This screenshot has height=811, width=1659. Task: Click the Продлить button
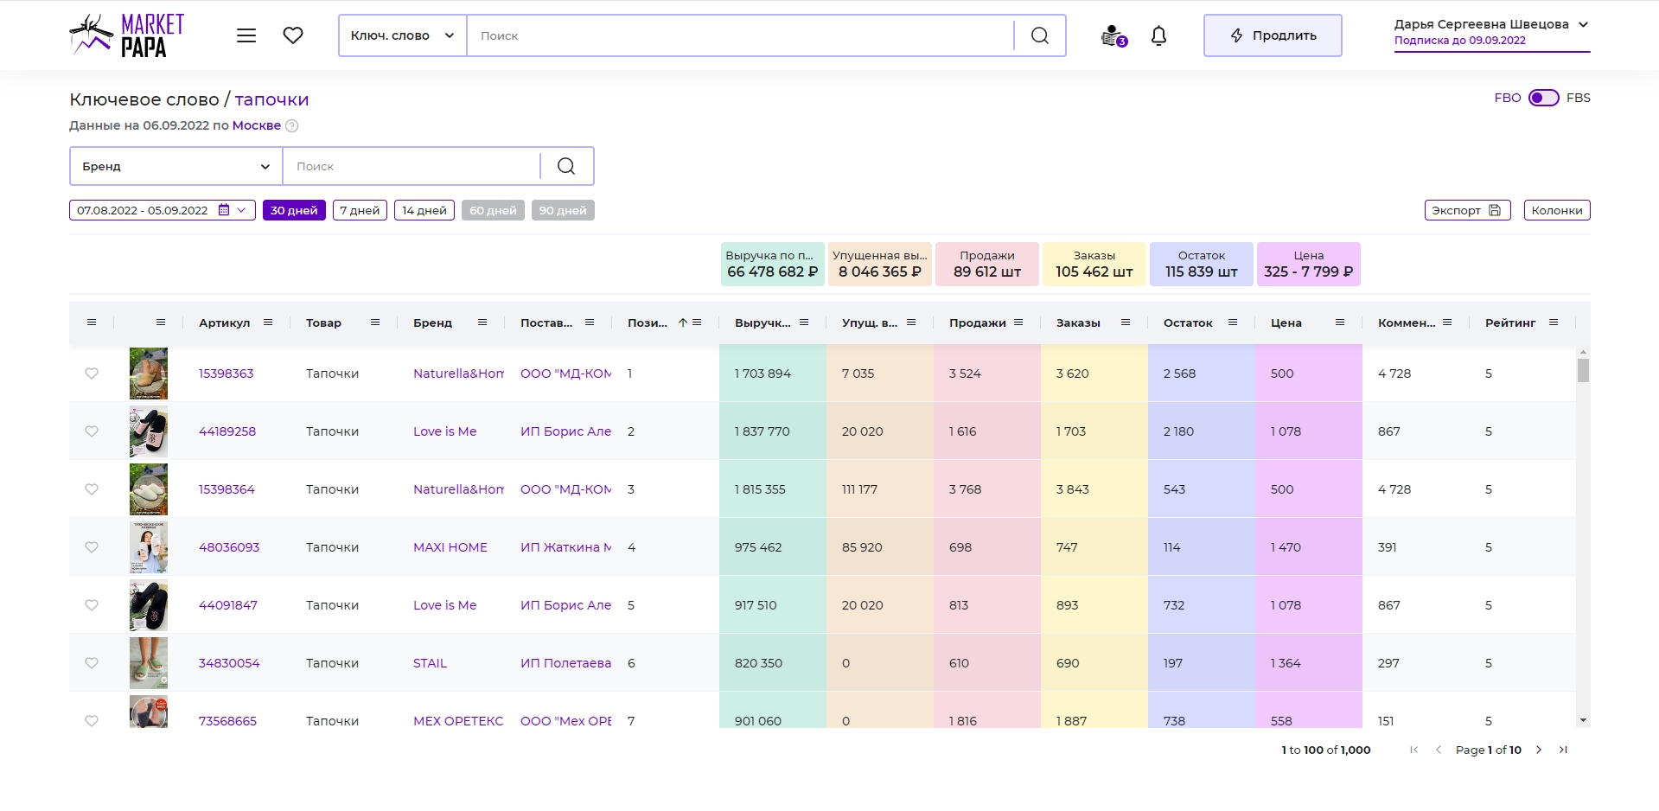click(x=1273, y=35)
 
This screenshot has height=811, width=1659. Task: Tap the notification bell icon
click(x=1158, y=35)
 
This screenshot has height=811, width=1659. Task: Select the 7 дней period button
click(x=360, y=210)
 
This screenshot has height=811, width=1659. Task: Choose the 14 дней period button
click(x=424, y=210)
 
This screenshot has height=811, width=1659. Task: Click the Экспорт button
click(x=1467, y=210)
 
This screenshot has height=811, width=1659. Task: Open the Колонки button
click(x=1557, y=210)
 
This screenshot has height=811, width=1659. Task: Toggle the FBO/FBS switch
click(x=1543, y=98)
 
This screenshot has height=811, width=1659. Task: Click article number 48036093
click(x=229, y=547)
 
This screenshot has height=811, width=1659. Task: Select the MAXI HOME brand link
click(x=450, y=547)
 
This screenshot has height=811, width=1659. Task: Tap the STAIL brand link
click(x=430, y=663)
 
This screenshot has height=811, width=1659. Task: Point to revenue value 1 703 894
click(x=763, y=374)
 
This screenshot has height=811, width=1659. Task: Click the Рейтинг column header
click(x=1510, y=322)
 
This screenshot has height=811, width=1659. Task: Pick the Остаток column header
click(x=1188, y=322)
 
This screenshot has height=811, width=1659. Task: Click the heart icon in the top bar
click(x=293, y=35)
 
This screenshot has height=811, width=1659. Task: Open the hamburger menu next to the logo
click(x=246, y=35)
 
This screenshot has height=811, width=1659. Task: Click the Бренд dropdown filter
click(x=176, y=166)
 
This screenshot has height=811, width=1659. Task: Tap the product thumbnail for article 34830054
click(x=149, y=663)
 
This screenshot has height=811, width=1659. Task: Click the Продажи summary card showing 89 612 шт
click(x=987, y=264)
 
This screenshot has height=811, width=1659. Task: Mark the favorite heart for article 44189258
click(x=92, y=431)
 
